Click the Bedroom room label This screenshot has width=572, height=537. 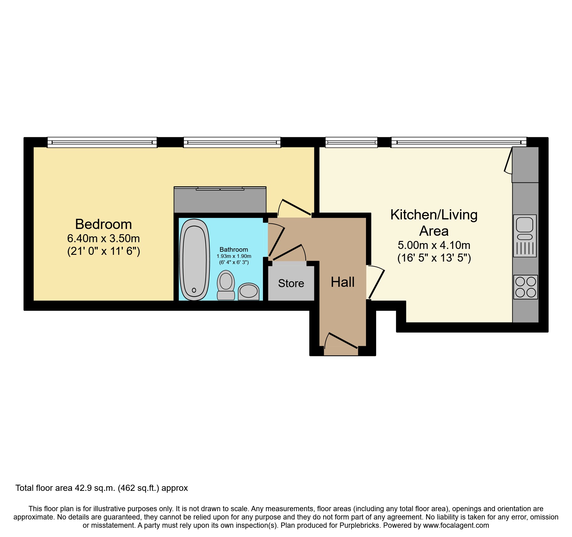[x=103, y=224]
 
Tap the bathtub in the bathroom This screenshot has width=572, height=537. [x=194, y=260]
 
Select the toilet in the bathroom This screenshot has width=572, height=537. [x=226, y=285]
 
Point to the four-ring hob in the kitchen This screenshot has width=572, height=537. [x=526, y=287]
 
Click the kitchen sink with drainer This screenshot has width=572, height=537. [x=525, y=236]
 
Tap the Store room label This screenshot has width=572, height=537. [x=291, y=283]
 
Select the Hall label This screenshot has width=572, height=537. [x=343, y=282]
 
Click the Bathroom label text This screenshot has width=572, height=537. [x=234, y=250]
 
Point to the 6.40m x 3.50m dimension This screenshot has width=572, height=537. [x=103, y=238]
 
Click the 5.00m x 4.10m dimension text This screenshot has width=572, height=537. [x=434, y=245]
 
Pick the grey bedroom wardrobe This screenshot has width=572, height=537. [x=220, y=200]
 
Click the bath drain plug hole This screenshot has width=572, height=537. [x=194, y=290]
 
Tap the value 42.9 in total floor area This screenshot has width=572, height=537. [x=83, y=488]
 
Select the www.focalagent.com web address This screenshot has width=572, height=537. [x=456, y=525]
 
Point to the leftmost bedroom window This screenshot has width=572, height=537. [x=102, y=142]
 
